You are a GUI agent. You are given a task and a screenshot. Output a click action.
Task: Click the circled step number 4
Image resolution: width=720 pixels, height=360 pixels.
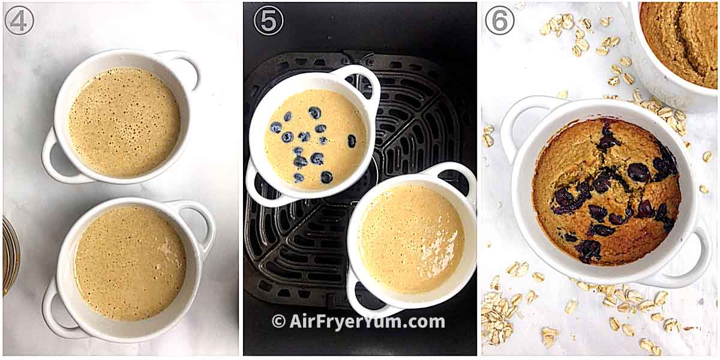[x=19, y=20]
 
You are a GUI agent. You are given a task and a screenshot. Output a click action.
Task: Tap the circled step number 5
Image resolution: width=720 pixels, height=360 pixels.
[x=268, y=20]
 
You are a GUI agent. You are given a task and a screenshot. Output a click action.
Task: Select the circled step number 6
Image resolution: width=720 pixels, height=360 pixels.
[x=499, y=20]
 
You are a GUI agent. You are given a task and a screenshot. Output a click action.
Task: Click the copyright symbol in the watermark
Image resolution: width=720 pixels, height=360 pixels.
[x=278, y=322]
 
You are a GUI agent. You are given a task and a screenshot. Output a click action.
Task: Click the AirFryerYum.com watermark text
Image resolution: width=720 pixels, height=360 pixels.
[x=367, y=322]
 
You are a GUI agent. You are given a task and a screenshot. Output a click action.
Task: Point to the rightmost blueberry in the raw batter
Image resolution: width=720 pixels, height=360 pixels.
[x=352, y=141]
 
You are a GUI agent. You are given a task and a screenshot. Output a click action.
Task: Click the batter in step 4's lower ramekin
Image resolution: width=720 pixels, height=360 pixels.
[x=130, y=262]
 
